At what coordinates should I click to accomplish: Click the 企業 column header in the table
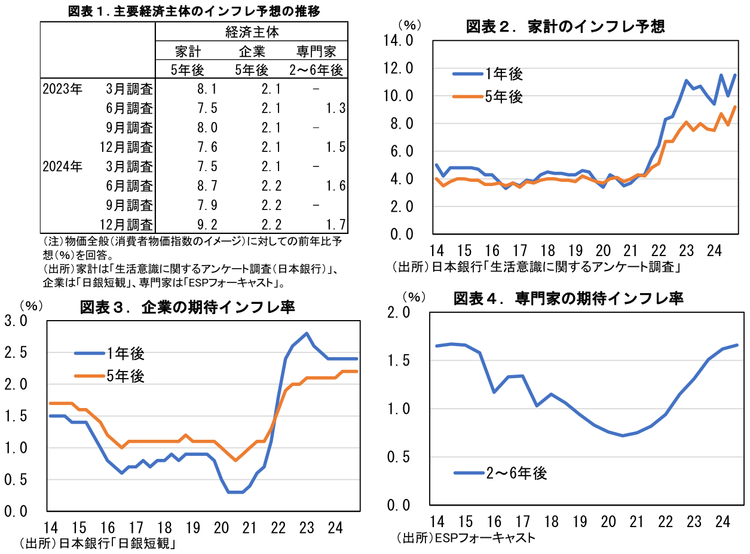(252, 51)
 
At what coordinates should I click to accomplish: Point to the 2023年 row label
(62, 89)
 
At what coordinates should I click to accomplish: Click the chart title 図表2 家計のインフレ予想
(565, 26)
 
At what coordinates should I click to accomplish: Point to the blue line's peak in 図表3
(307, 333)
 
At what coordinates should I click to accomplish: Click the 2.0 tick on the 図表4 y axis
(399, 312)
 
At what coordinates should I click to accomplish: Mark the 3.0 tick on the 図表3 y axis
(16, 321)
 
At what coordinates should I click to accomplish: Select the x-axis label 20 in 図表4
(608, 521)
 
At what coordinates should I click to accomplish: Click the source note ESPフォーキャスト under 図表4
(483, 537)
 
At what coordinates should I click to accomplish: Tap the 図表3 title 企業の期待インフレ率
(187, 308)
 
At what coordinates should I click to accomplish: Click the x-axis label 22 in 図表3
(278, 528)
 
